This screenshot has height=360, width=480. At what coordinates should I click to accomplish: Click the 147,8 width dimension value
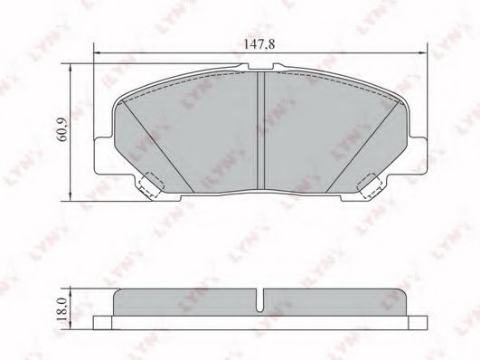coord(259,44)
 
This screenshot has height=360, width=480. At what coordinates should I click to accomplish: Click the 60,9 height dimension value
coord(63,129)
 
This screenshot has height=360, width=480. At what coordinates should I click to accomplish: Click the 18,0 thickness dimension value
coord(62,309)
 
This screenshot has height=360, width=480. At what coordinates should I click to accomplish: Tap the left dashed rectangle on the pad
coord(151,185)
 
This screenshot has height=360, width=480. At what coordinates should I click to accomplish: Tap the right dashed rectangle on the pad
coord(370,185)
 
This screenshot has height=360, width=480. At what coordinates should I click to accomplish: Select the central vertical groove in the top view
coord(260,130)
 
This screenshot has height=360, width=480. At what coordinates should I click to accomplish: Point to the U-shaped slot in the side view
coord(260,301)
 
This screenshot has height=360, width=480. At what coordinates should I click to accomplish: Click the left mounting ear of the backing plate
coord(104,156)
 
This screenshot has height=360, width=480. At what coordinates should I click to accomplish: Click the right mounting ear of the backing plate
coord(416,156)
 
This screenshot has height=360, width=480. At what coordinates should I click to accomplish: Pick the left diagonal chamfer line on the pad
coord(157,147)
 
